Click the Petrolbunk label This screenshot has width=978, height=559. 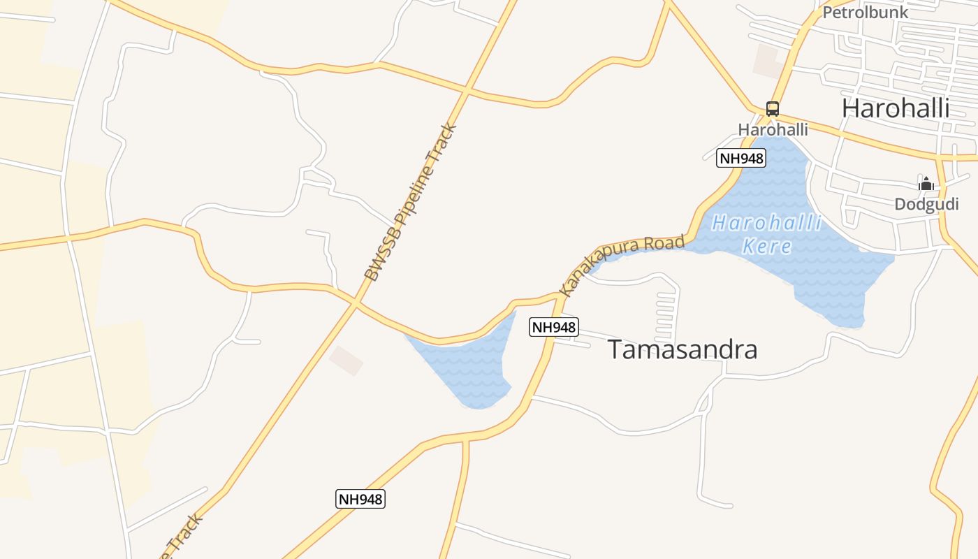(865, 13)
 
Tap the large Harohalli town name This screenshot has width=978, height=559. (895, 108)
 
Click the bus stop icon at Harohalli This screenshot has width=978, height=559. (772, 109)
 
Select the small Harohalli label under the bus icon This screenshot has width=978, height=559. (773, 130)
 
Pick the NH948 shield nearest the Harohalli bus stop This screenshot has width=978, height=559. (741, 159)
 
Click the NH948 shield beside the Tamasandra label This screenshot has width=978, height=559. (553, 327)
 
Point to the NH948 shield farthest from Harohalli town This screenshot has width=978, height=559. (360, 499)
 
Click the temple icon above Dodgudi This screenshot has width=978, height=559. (926, 184)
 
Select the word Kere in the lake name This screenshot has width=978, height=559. (767, 247)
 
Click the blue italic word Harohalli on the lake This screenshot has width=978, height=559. (766, 224)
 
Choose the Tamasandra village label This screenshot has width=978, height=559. (682, 349)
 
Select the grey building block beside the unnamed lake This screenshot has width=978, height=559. (346, 360)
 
